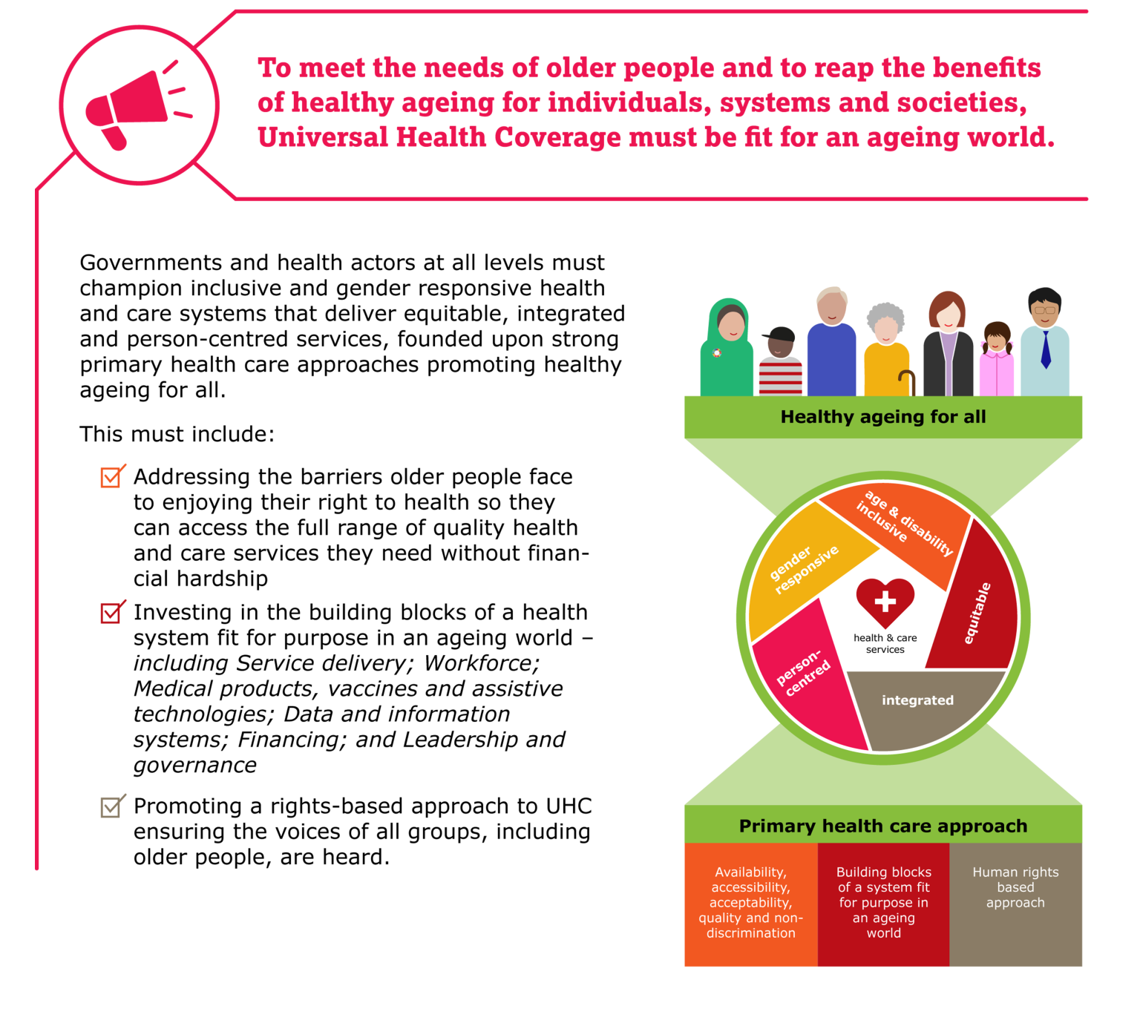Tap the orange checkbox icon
point(112,476)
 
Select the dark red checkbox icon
point(112,612)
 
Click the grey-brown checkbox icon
point(112,806)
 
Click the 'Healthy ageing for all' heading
point(883,417)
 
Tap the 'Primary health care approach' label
point(883,826)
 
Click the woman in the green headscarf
point(728,349)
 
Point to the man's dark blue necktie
point(1046,349)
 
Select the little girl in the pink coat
point(996,360)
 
